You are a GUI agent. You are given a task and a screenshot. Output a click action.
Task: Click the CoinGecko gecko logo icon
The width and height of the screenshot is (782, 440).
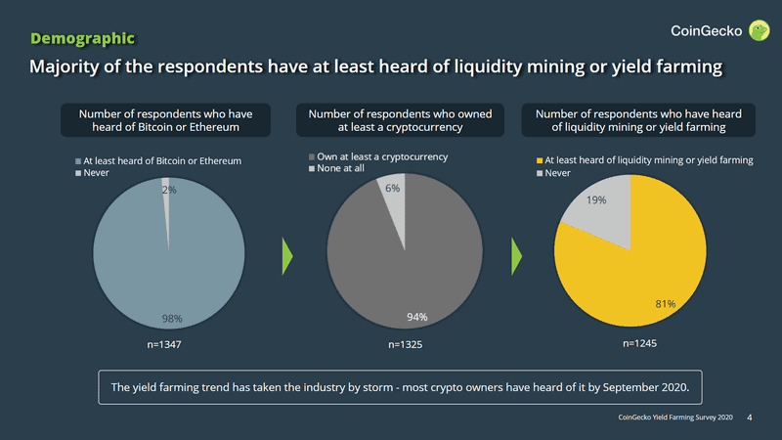coord(760,30)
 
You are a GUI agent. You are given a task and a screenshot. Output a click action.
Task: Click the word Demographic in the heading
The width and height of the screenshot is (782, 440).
coord(82,38)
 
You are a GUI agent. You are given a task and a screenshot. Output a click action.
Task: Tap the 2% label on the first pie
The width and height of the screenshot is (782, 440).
coord(169,191)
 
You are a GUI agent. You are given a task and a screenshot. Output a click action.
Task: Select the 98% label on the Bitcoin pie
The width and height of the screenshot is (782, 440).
coord(171,319)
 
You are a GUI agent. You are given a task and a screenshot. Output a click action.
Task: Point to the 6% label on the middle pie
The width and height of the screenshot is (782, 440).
coord(392,188)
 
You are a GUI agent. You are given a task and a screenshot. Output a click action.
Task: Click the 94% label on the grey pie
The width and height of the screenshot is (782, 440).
coord(417,316)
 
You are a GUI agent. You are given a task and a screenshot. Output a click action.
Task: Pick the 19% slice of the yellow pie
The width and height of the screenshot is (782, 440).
coord(594,210)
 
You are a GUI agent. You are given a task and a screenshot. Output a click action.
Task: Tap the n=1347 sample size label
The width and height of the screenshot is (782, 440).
coord(165,345)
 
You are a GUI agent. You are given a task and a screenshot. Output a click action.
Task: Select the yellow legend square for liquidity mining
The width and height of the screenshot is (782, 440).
coord(539,160)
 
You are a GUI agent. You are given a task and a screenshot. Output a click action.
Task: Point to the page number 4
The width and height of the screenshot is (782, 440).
coord(749,418)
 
